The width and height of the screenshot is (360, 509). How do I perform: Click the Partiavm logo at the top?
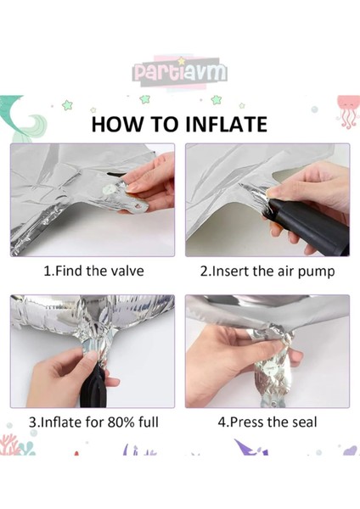[180, 72]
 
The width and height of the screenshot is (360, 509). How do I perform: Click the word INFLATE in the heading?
[226, 124]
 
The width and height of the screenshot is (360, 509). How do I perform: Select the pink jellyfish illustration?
[348, 111]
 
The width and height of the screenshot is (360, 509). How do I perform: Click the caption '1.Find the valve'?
[93, 271]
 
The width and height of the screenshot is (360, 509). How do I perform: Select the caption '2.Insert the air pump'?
[267, 271]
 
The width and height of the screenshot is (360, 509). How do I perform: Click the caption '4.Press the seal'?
[267, 422]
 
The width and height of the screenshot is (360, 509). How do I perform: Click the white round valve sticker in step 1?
[108, 188]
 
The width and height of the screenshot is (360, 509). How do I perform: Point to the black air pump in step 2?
[309, 227]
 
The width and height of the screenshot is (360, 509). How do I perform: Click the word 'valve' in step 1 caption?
[127, 271]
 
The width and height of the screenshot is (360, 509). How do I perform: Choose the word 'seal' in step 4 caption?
[303, 422]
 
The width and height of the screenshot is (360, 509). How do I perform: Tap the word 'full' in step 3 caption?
[149, 422]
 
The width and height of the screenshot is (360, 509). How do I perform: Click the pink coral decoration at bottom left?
[9, 445]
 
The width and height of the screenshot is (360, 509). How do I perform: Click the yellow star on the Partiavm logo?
[182, 61]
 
